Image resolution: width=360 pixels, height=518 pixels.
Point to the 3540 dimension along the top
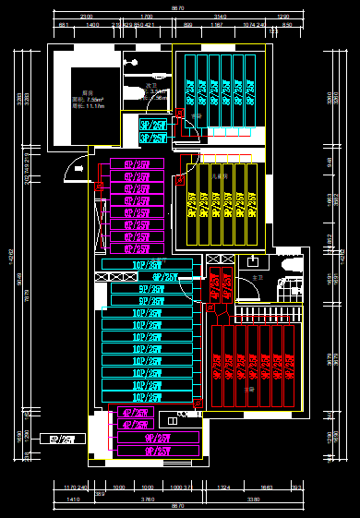point(220,17)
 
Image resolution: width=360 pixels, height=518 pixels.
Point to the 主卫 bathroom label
point(257,276)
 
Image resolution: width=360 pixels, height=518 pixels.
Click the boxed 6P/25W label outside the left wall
point(66,440)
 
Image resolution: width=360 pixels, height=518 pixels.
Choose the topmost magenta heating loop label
point(137,163)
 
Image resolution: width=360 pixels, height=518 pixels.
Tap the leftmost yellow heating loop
point(192,203)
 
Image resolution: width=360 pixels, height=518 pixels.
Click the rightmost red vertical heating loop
point(290,365)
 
